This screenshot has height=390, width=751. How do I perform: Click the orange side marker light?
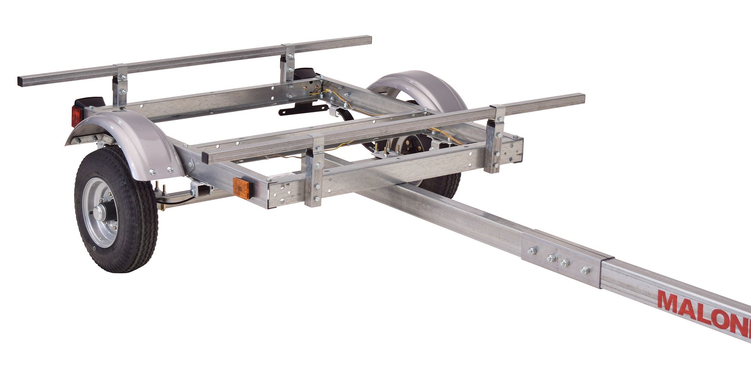pyautogui.click(x=241, y=188)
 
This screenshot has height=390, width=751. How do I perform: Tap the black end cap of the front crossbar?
pyautogui.click(x=205, y=158)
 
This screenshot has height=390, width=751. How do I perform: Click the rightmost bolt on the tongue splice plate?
pyautogui.click(x=585, y=270)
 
